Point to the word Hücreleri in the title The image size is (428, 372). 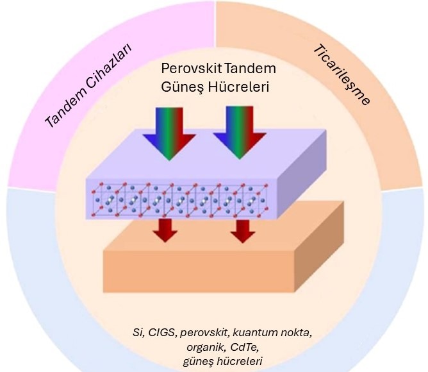coord(238,85)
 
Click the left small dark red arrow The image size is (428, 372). coord(165,230)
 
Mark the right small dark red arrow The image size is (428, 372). coord(242,230)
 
